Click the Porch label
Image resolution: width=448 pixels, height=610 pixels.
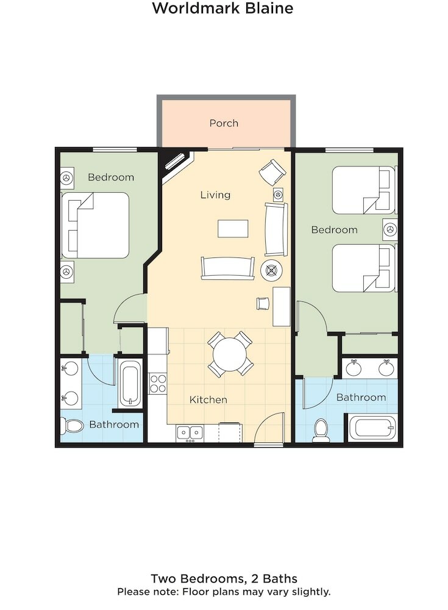(x=224, y=123)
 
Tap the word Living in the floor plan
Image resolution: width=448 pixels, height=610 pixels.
(x=215, y=195)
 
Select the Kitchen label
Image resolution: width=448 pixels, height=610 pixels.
(x=208, y=400)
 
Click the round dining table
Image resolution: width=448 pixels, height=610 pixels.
(x=230, y=354)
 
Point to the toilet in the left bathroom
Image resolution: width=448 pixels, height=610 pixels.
(x=73, y=425)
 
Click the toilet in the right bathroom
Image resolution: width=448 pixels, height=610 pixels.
(x=321, y=429)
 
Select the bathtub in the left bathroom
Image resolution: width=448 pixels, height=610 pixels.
(x=130, y=384)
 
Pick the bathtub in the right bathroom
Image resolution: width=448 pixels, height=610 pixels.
(x=371, y=426)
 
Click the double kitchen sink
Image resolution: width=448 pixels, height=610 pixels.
(x=190, y=432)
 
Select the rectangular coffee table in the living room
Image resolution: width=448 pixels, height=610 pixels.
(x=233, y=229)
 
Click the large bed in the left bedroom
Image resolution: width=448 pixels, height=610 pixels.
(x=96, y=225)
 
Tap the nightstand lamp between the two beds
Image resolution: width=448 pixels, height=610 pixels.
(x=389, y=229)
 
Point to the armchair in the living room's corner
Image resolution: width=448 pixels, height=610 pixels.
(x=272, y=172)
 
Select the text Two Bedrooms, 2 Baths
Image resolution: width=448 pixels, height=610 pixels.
(x=224, y=578)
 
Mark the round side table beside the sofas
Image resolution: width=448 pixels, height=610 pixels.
(x=270, y=270)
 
